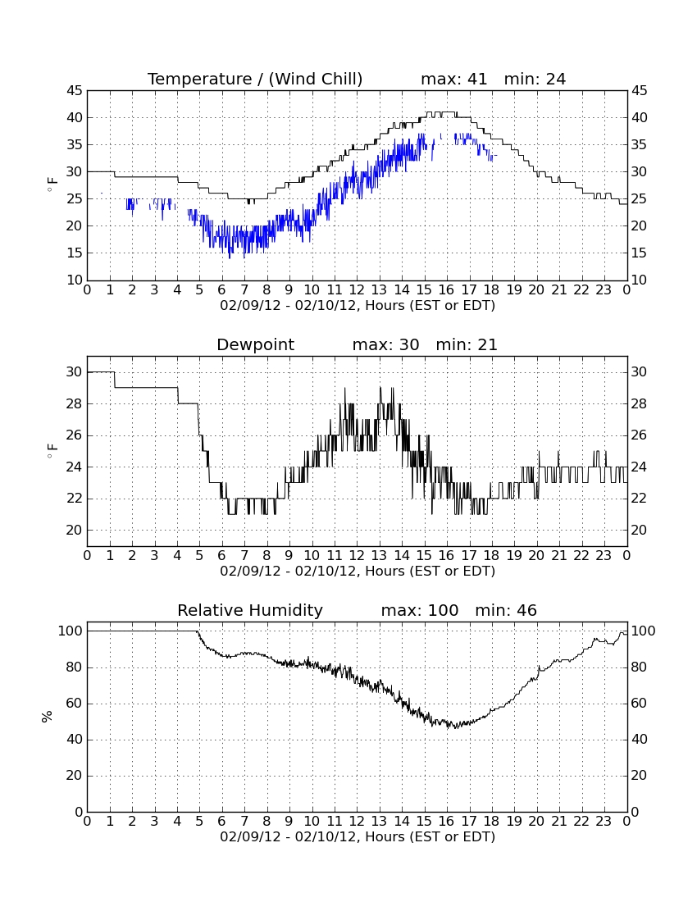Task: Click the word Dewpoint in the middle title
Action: click(x=255, y=345)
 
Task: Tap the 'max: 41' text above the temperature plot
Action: click(x=453, y=79)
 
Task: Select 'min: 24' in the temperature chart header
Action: click(x=535, y=79)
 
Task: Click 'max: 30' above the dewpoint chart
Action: click(x=385, y=344)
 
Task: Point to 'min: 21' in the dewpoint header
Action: click(x=467, y=344)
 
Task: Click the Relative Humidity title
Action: click(x=250, y=611)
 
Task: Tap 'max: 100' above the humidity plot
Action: click(x=420, y=610)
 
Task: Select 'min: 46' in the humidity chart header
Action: click(x=506, y=610)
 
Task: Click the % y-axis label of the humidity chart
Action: click(x=48, y=716)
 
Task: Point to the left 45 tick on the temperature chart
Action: click(x=75, y=91)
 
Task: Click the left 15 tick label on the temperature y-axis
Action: click(x=75, y=253)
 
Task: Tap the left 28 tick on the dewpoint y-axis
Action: click(x=75, y=403)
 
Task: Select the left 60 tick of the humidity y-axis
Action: click(x=75, y=704)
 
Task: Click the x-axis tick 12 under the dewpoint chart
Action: click(x=357, y=556)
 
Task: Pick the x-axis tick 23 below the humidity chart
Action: click(x=604, y=822)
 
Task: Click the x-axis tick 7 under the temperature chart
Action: click(x=244, y=290)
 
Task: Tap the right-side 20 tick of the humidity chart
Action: click(x=640, y=776)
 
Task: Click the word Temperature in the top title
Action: click(x=199, y=80)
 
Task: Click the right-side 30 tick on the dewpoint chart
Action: click(x=640, y=372)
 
